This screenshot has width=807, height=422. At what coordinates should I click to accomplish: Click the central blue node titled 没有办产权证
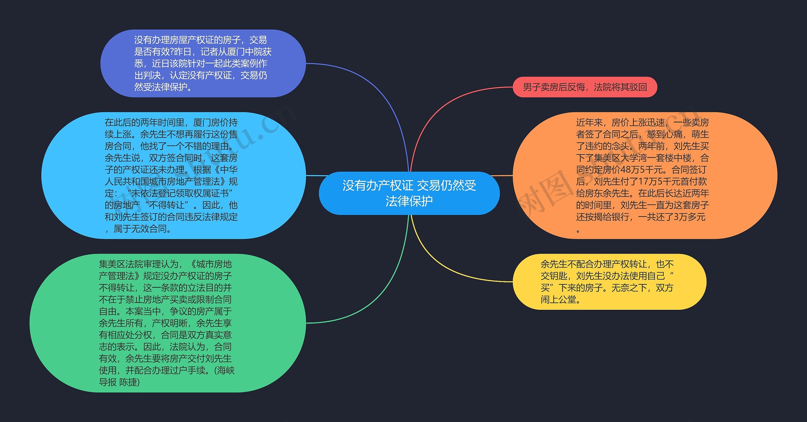point(409,193)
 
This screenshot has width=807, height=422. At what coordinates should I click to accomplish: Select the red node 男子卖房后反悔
point(585,87)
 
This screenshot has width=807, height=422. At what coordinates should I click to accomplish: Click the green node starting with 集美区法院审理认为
point(167,323)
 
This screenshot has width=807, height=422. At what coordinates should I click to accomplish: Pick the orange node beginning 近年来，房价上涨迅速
point(643,175)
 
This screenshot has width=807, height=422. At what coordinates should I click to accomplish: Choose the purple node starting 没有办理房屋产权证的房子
point(202,63)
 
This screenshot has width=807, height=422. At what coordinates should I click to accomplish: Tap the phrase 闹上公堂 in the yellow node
point(558,299)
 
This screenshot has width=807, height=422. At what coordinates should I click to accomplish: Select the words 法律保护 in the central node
point(409,201)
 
